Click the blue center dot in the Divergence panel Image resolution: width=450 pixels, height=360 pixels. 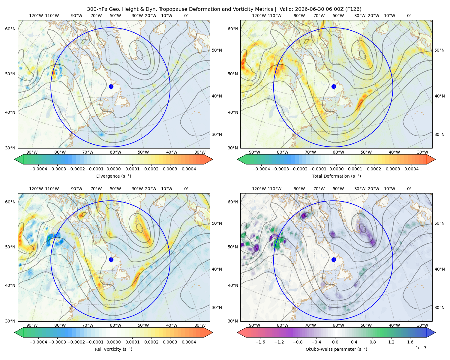[111, 86]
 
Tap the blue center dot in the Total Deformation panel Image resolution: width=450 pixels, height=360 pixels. [334, 86]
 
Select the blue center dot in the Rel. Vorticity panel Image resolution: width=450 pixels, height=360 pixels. [111, 259]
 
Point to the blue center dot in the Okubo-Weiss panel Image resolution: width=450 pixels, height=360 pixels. [334, 259]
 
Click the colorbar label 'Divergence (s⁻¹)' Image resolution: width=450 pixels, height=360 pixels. [113, 176]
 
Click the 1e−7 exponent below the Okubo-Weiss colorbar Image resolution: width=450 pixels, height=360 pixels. [421, 348]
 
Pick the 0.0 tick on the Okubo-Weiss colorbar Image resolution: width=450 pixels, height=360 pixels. [335, 342]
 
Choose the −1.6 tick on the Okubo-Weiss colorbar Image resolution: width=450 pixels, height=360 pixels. [260, 342]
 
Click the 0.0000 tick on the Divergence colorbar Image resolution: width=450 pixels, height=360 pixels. [113, 169]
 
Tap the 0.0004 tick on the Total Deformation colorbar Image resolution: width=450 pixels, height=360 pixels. [411, 169]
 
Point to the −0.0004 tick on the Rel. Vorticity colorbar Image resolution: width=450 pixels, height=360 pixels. [38, 342]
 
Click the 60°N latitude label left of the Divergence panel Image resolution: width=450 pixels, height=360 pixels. [10, 29]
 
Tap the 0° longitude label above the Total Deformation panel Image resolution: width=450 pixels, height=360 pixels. [409, 16]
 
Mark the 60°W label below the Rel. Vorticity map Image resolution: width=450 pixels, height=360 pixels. [115, 325]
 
